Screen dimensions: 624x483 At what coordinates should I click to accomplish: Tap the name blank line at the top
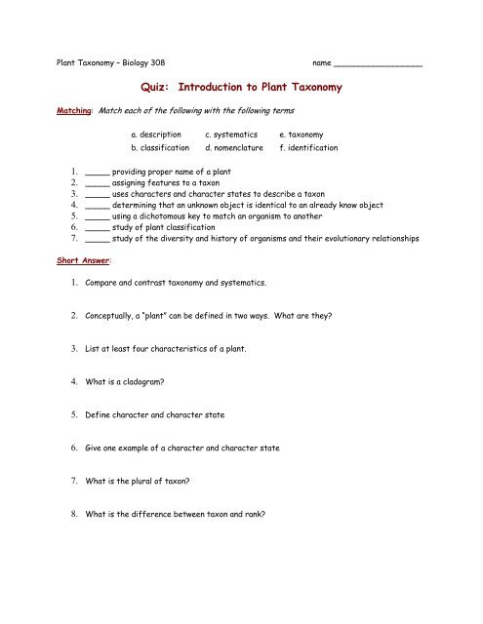(x=378, y=65)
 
